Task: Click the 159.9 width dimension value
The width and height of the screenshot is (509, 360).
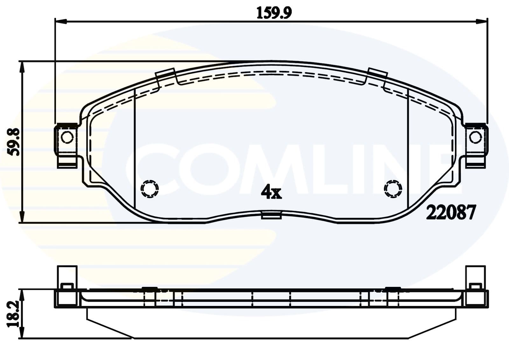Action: tap(274, 13)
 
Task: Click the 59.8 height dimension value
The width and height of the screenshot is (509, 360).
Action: tap(14, 142)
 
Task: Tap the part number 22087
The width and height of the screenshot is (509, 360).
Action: tap(450, 212)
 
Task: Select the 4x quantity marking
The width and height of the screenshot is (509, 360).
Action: tap(271, 192)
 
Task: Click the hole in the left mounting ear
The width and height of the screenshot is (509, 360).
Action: tap(67, 137)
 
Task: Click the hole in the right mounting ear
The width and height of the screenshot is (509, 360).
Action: tap(475, 137)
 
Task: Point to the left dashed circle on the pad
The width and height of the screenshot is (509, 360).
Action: tap(150, 189)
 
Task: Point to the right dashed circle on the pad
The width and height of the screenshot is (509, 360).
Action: tap(393, 189)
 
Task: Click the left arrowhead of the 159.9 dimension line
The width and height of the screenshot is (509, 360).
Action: tap(60, 22)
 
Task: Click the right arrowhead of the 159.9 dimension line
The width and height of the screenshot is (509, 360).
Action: tap(482, 22)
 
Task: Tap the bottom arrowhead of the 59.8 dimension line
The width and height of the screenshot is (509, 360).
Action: tap(22, 218)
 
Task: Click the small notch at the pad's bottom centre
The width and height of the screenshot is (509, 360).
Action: tap(271, 215)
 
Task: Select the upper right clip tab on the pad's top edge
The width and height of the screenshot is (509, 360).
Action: tap(378, 73)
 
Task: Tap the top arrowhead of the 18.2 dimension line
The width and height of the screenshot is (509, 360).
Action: tap(22, 294)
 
